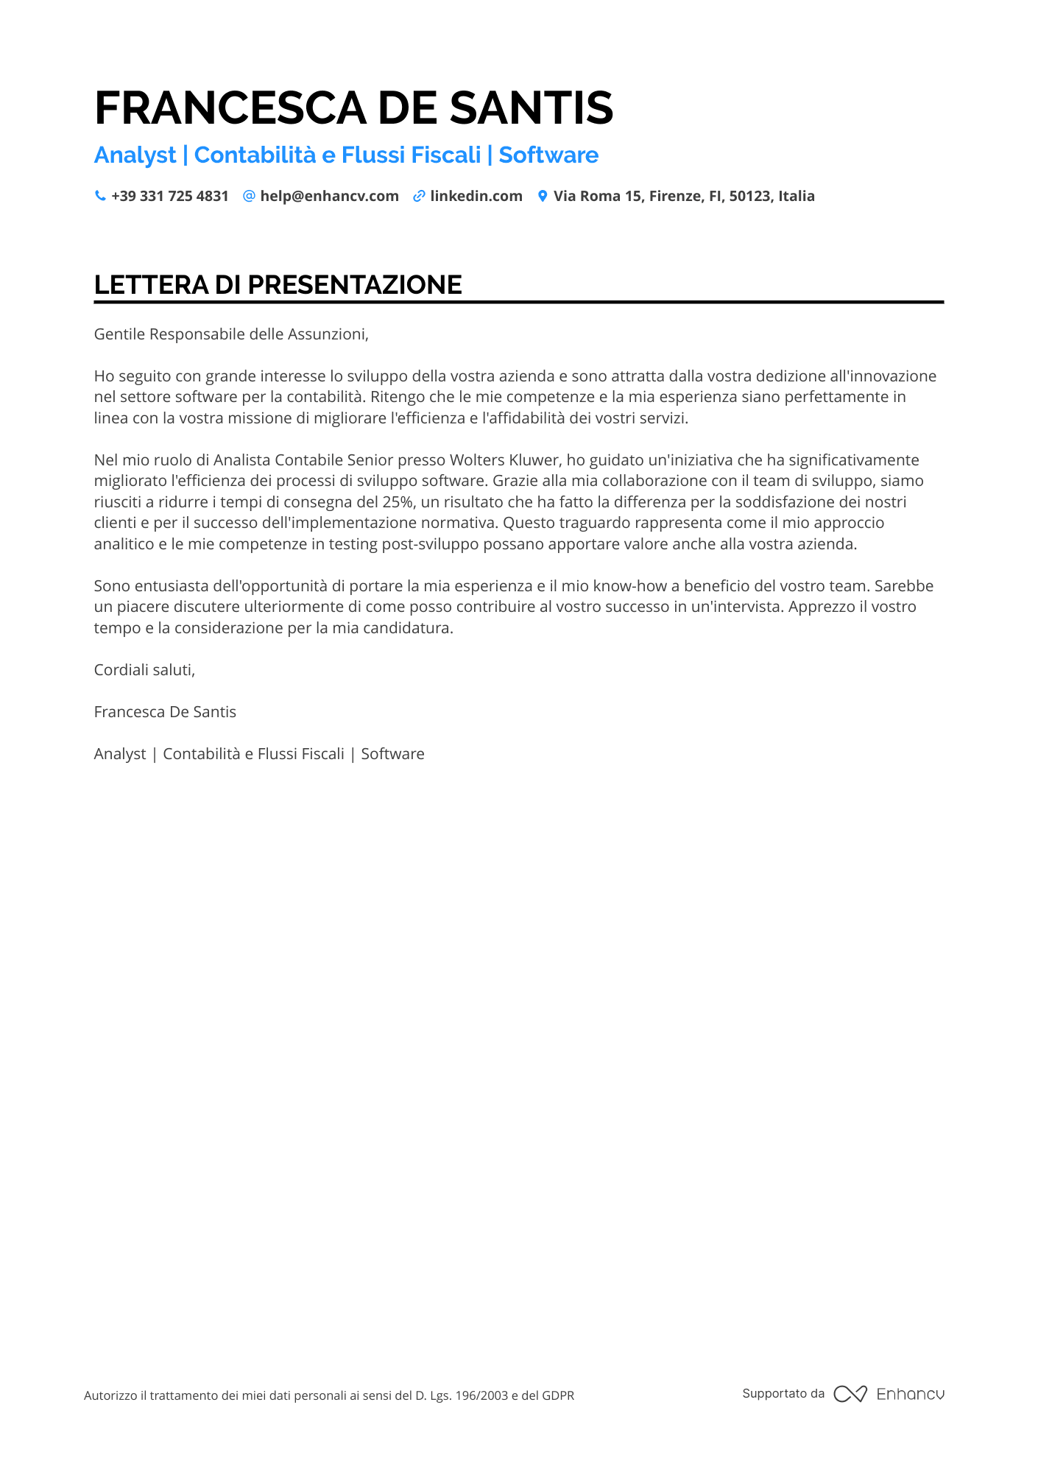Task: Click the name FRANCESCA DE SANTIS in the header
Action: click(353, 108)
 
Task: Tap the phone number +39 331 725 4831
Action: click(170, 196)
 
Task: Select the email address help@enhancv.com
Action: click(329, 196)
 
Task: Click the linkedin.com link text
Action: click(476, 196)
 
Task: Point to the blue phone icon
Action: click(100, 196)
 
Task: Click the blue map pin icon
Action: click(543, 196)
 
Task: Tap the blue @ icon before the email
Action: click(249, 196)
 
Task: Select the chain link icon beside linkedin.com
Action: click(419, 196)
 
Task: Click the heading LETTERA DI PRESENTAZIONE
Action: click(278, 285)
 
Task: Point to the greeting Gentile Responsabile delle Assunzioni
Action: click(230, 334)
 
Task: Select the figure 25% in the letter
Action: click(398, 502)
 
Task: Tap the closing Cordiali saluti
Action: click(144, 670)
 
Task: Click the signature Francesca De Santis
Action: click(165, 712)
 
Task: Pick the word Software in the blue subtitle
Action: click(548, 155)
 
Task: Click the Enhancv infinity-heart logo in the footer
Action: click(850, 1394)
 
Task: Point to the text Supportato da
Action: click(783, 1393)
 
